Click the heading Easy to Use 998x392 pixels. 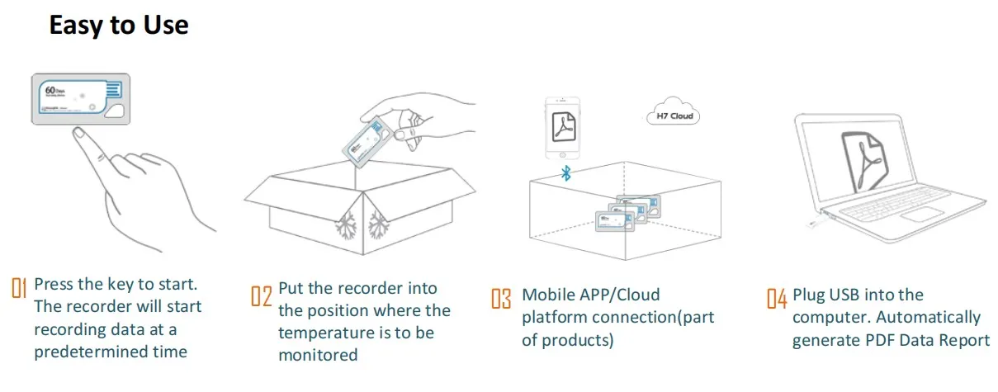click(x=119, y=25)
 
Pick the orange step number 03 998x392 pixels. click(x=501, y=298)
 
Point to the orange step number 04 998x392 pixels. click(x=776, y=298)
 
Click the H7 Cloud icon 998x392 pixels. click(x=673, y=116)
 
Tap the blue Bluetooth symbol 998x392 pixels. click(x=566, y=172)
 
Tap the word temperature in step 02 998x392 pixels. click(x=324, y=333)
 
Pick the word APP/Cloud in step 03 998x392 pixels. click(x=615, y=295)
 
